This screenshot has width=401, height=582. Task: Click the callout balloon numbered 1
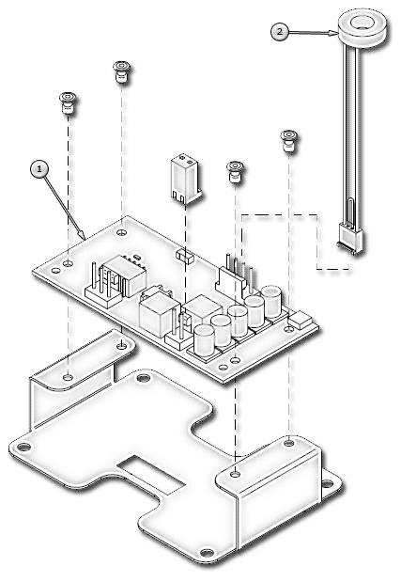coord(39,169)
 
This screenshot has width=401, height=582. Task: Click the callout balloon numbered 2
coord(280,32)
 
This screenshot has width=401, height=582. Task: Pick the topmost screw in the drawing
coord(122,71)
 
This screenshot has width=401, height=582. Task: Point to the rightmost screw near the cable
coord(288,140)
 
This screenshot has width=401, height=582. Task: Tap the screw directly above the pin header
coord(235,171)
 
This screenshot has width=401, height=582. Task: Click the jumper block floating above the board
coord(185,178)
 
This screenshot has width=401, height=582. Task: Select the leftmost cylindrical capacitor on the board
coord(204,339)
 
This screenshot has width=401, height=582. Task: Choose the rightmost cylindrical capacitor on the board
coord(271,301)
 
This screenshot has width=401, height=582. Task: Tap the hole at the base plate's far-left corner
coord(23,447)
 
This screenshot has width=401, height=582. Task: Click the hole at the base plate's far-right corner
coord(327,483)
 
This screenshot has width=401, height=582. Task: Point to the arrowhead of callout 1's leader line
coord(82,236)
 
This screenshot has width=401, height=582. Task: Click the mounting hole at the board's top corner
coord(122,232)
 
